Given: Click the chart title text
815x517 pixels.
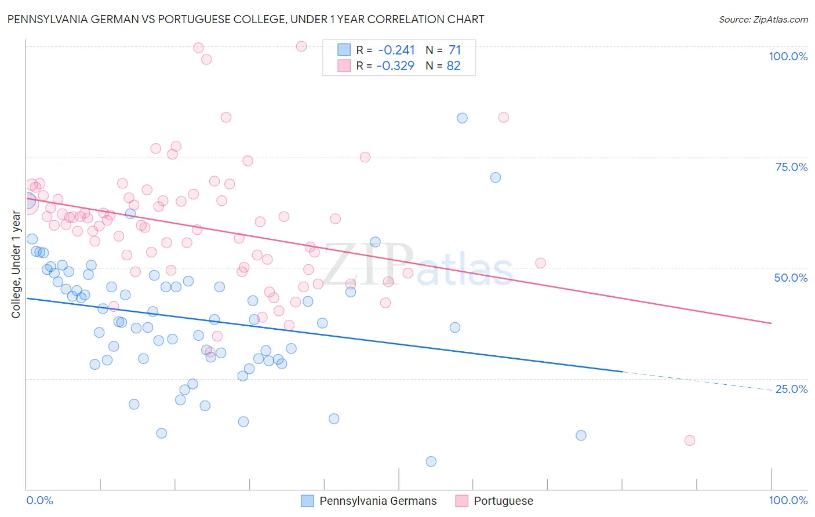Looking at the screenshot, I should click(246, 19).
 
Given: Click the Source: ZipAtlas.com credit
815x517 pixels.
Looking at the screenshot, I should click(763, 19).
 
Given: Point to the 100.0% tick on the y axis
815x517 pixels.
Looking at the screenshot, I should click(788, 56).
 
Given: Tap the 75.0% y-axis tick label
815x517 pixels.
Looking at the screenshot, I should click(791, 167).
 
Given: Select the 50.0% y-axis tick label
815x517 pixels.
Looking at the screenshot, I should click(791, 278).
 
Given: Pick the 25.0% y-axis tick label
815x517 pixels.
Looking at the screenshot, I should click(791, 389).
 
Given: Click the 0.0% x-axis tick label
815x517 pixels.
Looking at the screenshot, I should click(40, 500).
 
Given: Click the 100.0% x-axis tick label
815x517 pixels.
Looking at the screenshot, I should click(788, 500).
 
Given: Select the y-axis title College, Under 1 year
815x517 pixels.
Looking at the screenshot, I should click(16, 265).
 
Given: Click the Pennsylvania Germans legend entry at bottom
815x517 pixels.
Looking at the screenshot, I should click(369, 501).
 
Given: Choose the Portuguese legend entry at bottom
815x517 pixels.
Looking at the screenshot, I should click(494, 501).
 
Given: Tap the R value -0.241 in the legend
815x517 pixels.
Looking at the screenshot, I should click(396, 50).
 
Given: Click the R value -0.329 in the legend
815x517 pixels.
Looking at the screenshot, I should click(395, 66).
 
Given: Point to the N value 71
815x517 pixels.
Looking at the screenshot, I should click(454, 50).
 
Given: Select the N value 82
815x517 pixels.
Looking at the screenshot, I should click(453, 66).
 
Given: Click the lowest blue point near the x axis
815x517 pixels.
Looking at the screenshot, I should click(431, 461).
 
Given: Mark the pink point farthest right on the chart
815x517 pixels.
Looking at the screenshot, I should click(689, 440).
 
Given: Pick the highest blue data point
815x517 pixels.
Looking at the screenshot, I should click(462, 118).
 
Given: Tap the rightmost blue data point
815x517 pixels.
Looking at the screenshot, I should click(581, 435).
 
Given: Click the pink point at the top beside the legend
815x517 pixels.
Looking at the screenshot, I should click(301, 46).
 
